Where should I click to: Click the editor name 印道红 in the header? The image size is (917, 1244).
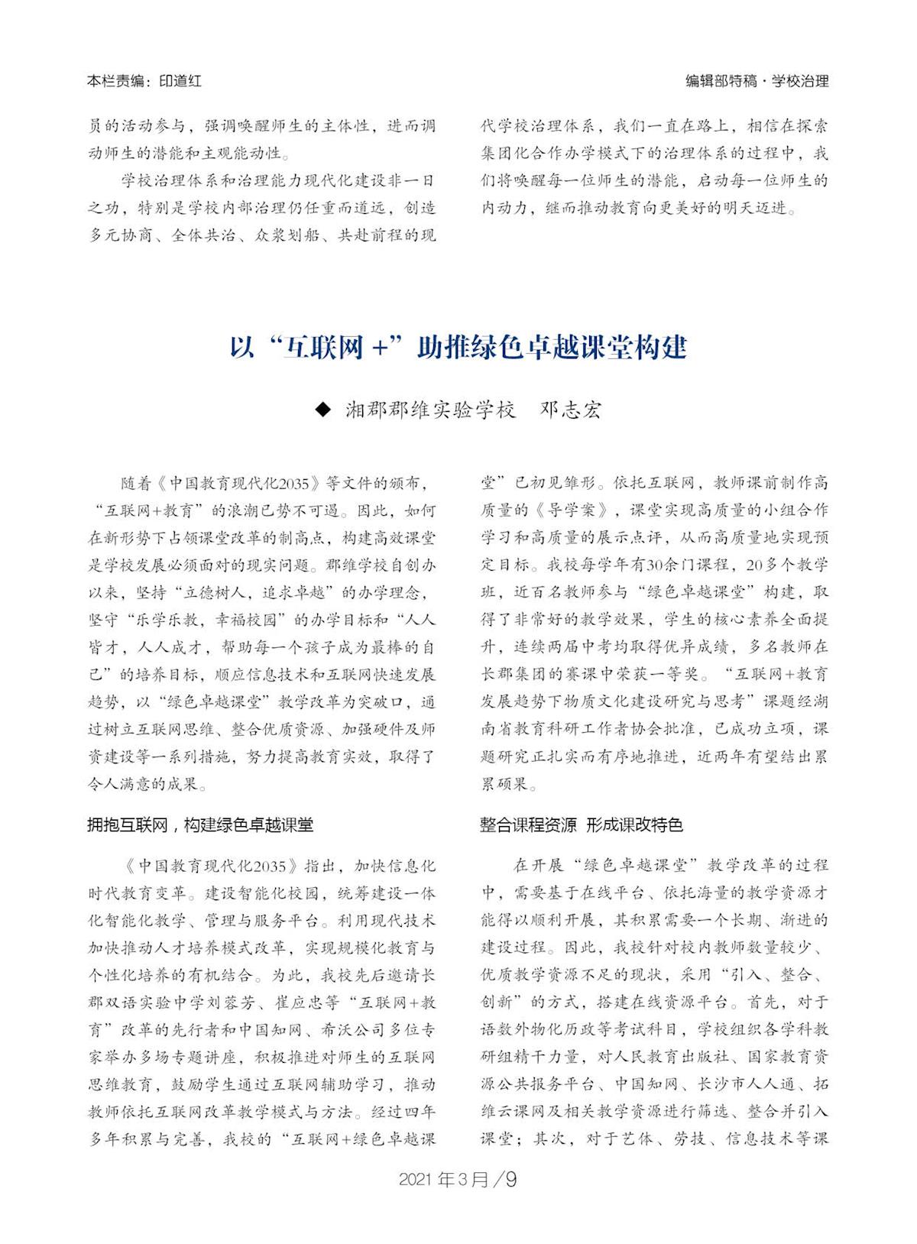180,81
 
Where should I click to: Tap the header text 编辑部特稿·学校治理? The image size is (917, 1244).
757,81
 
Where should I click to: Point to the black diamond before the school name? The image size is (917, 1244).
324,410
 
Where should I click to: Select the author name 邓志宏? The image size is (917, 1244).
570,410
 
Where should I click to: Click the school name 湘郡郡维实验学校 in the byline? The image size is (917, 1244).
430,410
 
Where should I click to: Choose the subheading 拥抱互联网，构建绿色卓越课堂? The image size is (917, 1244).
200,825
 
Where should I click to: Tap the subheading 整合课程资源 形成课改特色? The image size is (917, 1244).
581,825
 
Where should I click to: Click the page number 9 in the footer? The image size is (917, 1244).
511,1180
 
